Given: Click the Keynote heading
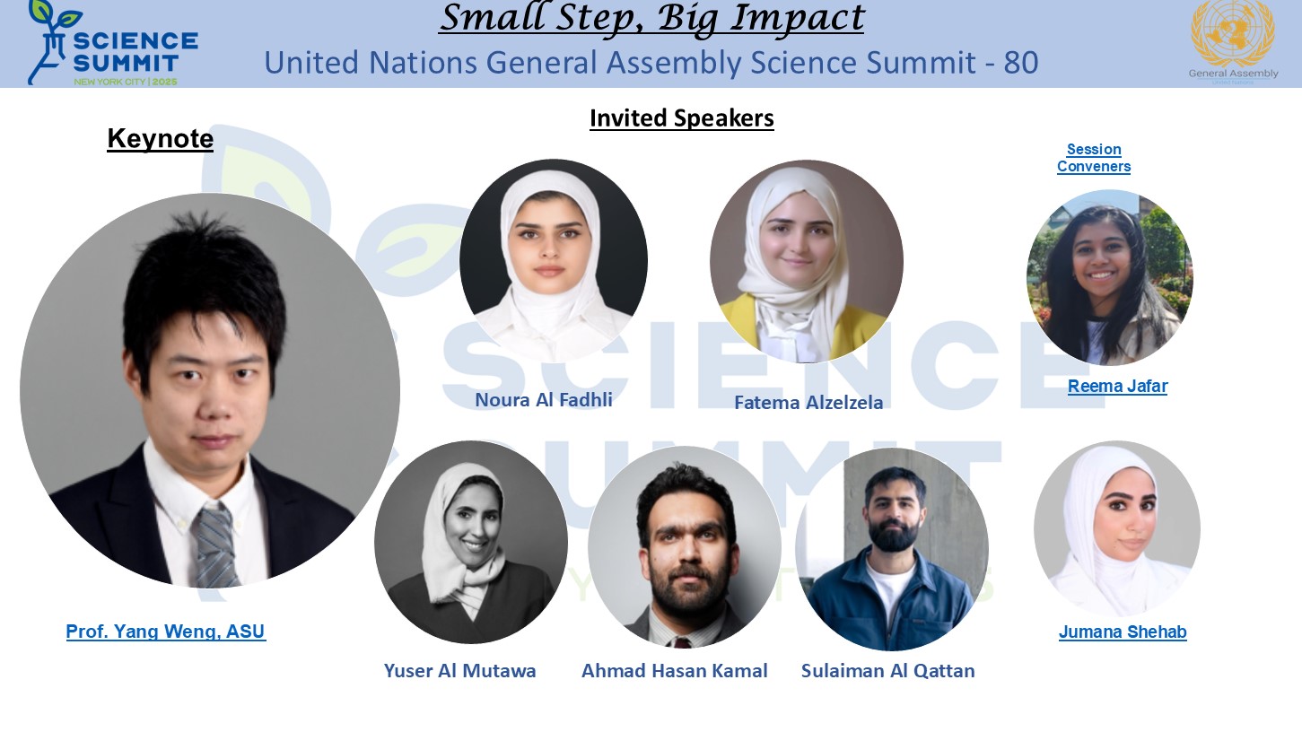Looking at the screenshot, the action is pos(161,139).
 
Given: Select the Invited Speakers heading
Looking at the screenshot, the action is pos(682,118).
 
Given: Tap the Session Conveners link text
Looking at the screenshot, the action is pos(1094,158).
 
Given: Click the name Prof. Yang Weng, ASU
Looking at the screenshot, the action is pos(166,632).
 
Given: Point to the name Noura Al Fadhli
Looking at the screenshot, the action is pos(544,400).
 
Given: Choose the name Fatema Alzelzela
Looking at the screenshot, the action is pos(808,403).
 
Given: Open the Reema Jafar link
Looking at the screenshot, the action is pos(1118,387).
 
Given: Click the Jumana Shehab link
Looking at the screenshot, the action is pos(1123,632).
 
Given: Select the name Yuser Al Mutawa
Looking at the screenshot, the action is pos(459,671).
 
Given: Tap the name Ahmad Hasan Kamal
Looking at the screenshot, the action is pos(674,671).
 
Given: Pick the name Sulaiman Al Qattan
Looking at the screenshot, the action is pos(888,671).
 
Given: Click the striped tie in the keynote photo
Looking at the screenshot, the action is pos(215,546).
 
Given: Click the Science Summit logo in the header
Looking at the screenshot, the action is pos(113,43).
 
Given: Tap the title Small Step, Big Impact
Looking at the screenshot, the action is pos(651,19).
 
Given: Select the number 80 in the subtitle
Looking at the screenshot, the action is pos(1020,63).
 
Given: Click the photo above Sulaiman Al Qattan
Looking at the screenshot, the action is pos(892,549).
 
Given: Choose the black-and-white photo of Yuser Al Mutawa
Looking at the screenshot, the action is pos(471,542).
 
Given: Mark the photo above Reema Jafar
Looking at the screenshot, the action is pos(1110,278).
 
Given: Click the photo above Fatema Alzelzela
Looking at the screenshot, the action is pos(807,261).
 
